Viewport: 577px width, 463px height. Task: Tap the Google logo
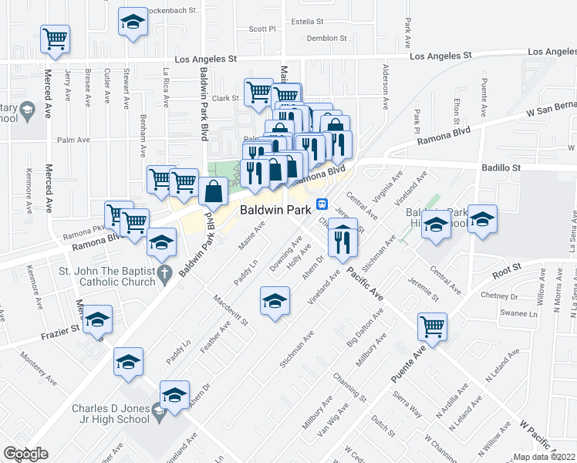[26, 454]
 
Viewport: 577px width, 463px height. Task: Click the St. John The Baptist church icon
[163, 273]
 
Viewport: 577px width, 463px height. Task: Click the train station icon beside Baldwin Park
[322, 207]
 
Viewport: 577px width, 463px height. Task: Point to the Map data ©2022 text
[545, 456]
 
